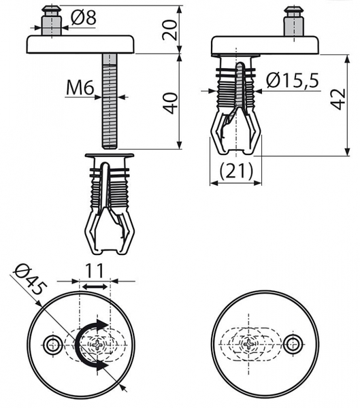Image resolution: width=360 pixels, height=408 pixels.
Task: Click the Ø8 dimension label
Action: [84, 18]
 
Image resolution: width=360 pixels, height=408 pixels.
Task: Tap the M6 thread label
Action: [80, 88]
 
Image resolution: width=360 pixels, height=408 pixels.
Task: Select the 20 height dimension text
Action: [169, 30]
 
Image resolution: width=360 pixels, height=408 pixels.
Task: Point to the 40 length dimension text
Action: [170, 103]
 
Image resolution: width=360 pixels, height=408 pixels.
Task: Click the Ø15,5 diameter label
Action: [293, 80]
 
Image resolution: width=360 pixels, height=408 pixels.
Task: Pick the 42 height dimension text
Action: [338, 99]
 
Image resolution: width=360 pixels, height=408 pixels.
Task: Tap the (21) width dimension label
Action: [236, 171]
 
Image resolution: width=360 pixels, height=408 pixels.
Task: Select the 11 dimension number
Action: [95, 271]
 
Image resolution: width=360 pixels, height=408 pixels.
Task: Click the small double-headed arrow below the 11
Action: [95, 287]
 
